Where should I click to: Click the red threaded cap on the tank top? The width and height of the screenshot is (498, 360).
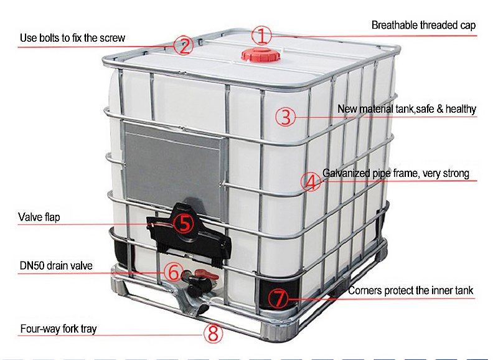(x=261, y=55)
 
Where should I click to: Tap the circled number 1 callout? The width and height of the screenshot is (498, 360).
(x=261, y=36)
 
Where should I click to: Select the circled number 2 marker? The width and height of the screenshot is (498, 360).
(x=183, y=45)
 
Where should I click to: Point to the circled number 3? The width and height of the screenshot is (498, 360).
(x=285, y=117)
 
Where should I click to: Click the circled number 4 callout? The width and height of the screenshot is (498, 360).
(x=311, y=182)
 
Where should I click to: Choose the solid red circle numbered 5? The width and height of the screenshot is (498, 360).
(x=184, y=223)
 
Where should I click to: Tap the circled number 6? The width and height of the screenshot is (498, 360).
(x=174, y=272)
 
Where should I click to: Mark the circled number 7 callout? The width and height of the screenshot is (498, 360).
(x=278, y=298)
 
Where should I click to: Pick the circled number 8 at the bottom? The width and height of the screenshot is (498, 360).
(x=213, y=333)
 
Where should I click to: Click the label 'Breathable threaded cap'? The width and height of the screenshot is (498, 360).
(x=423, y=25)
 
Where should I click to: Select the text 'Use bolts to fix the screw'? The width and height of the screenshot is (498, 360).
(x=72, y=38)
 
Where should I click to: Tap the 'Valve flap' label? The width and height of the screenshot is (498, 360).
(x=39, y=217)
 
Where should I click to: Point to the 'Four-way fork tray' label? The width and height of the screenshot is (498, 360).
(x=59, y=328)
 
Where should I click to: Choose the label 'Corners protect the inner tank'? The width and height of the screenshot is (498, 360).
(x=410, y=290)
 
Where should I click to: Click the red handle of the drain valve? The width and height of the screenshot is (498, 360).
(x=207, y=275)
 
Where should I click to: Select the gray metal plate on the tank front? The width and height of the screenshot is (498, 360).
(x=173, y=161)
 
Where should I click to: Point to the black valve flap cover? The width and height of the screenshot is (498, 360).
(x=189, y=231)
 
